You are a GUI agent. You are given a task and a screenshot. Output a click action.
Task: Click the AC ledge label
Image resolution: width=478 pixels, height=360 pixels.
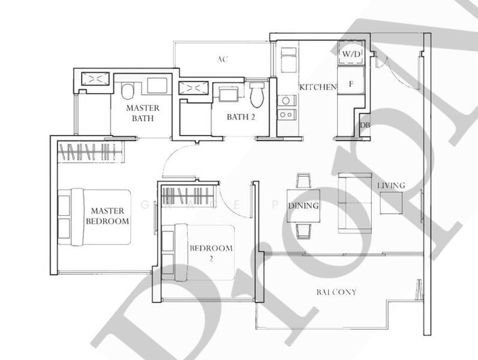click(x=223, y=59)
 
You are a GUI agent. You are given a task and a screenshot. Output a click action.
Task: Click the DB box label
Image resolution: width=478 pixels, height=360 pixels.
click(x=364, y=125)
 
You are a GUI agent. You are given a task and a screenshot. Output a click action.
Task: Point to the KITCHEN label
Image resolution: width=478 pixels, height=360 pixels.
click(x=317, y=87)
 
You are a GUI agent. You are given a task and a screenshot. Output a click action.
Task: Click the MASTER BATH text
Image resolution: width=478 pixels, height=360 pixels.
click(x=142, y=113)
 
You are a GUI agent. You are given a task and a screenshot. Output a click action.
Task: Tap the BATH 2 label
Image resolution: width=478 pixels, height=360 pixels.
click(x=240, y=117)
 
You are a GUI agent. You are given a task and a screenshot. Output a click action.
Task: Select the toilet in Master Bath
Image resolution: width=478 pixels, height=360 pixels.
click(x=127, y=91)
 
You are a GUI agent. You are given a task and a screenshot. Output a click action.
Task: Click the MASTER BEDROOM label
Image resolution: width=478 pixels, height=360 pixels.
click(x=107, y=216)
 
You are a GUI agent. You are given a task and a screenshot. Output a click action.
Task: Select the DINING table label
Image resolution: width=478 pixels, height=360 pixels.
click(x=303, y=206)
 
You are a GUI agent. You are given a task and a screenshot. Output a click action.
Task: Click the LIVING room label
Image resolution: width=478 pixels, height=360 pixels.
click(x=390, y=185)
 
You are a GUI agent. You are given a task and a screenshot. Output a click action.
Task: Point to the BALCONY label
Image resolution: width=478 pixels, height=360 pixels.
click(x=336, y=292)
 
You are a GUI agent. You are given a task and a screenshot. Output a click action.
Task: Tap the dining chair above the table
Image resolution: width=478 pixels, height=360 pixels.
click(x=303, y=181)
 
